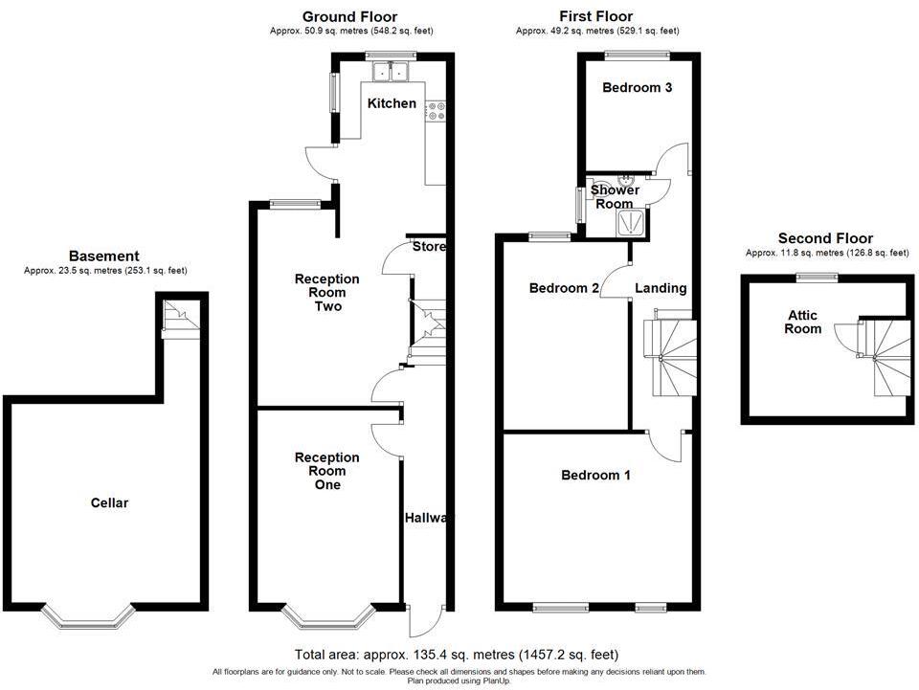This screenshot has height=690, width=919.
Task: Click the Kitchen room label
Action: point(392,103)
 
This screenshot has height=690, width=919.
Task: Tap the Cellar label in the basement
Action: point(109,502)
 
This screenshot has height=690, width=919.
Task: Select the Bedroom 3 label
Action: point(638,88)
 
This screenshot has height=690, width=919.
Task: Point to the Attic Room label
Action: point(803,323)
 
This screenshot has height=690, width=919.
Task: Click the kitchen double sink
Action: point(392,72)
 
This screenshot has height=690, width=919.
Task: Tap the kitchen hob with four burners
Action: point(437,111)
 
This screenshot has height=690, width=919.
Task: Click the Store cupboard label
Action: point(429,247)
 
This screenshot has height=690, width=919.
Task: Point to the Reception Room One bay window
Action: point(328,616)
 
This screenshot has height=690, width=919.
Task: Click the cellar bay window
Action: point(88,616)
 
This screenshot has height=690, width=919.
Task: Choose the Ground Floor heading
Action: point(350,17)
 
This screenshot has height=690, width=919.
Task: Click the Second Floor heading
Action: point(826,238)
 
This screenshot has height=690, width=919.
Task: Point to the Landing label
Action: point(661,288)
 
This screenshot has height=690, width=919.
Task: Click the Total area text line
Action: point(457,655)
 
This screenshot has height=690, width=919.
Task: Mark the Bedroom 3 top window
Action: point(638,56)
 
